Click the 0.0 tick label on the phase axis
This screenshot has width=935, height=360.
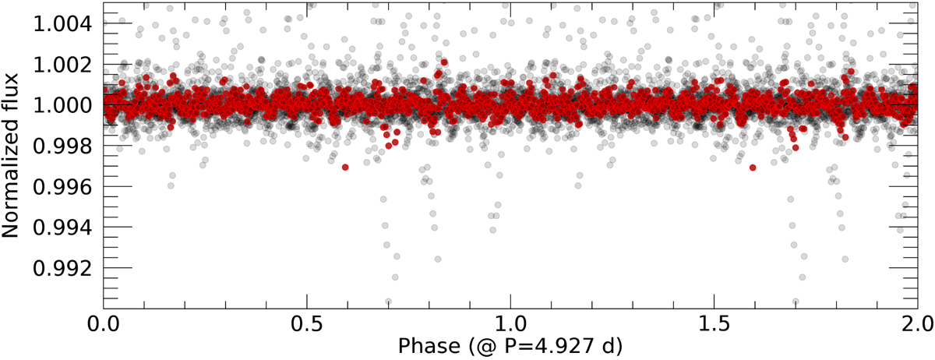pos(104,321)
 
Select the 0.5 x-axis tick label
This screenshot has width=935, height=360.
pos(307,321)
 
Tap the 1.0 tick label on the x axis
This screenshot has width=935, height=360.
pos(510,321)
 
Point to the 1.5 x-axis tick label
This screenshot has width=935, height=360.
pos(714,321)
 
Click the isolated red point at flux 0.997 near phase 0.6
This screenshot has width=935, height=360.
pos(345,168)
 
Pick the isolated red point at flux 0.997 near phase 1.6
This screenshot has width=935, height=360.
pos(753,168)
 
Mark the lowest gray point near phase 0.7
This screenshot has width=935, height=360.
pos(389,301)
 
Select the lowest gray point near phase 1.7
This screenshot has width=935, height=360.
pos(796,301)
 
